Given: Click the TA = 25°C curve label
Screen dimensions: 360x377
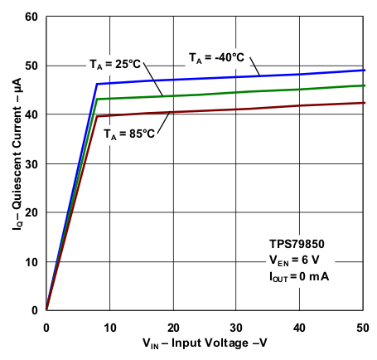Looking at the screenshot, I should [116, 64].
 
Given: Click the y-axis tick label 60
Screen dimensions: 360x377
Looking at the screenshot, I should [31, 17].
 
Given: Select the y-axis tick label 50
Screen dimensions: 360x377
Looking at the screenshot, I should [31, 66].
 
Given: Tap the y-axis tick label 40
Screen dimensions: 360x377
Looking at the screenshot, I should [31, 114].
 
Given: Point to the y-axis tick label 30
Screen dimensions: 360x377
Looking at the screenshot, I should [31, 163].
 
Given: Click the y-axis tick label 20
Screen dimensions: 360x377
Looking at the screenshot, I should [31, 212].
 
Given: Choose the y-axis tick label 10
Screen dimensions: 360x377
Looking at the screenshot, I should [31, 261].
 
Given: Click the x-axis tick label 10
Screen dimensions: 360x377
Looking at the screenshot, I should [109, 324].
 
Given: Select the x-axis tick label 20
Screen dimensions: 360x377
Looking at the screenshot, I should [173, 324].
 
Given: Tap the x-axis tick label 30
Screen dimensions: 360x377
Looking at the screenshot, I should [237, 324].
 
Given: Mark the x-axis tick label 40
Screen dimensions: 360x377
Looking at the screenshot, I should [301, 324].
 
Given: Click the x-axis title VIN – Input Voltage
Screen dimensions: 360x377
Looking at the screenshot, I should [205, 343].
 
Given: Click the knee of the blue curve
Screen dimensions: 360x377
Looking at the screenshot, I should [97, 84].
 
